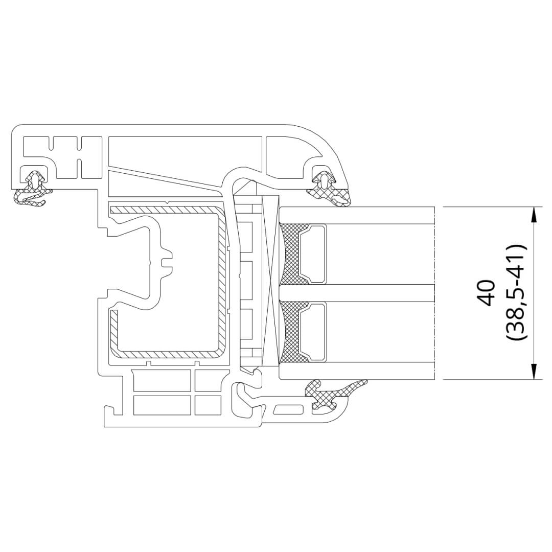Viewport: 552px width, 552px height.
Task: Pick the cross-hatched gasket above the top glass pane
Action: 329,187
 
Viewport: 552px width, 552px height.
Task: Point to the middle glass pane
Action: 357,293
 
